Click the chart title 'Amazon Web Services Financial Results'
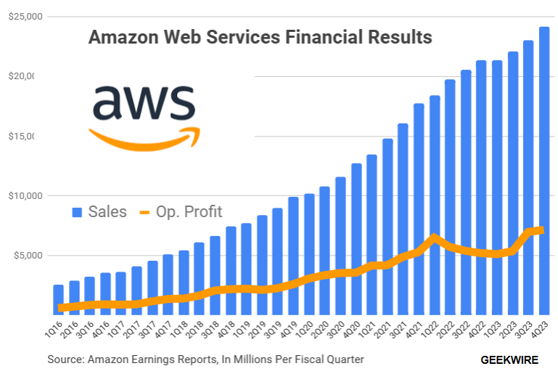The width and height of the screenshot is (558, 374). (260, 37)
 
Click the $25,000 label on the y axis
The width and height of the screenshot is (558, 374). (25, 16)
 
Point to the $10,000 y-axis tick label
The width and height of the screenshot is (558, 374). (25, 195)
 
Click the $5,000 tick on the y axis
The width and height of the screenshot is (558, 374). (27, 255)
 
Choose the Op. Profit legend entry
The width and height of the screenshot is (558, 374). (181, 212)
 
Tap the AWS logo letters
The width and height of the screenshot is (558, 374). (144, 103)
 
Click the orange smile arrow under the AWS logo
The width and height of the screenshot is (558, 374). (144, 139)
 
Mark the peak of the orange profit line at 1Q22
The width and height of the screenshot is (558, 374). (434, 237)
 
